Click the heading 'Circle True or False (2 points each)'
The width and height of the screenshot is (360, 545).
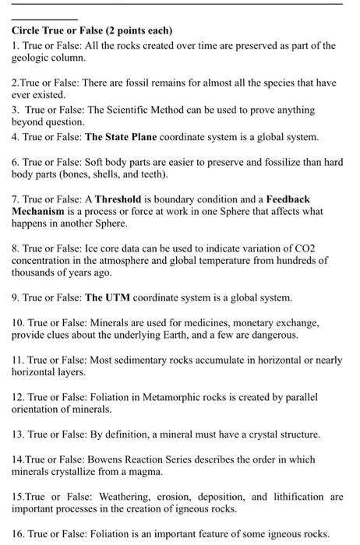click(x=91, y=30)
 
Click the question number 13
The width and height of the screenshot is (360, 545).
click(x=18, y=434)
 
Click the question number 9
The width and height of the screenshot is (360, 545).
click(x=15, y=297)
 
